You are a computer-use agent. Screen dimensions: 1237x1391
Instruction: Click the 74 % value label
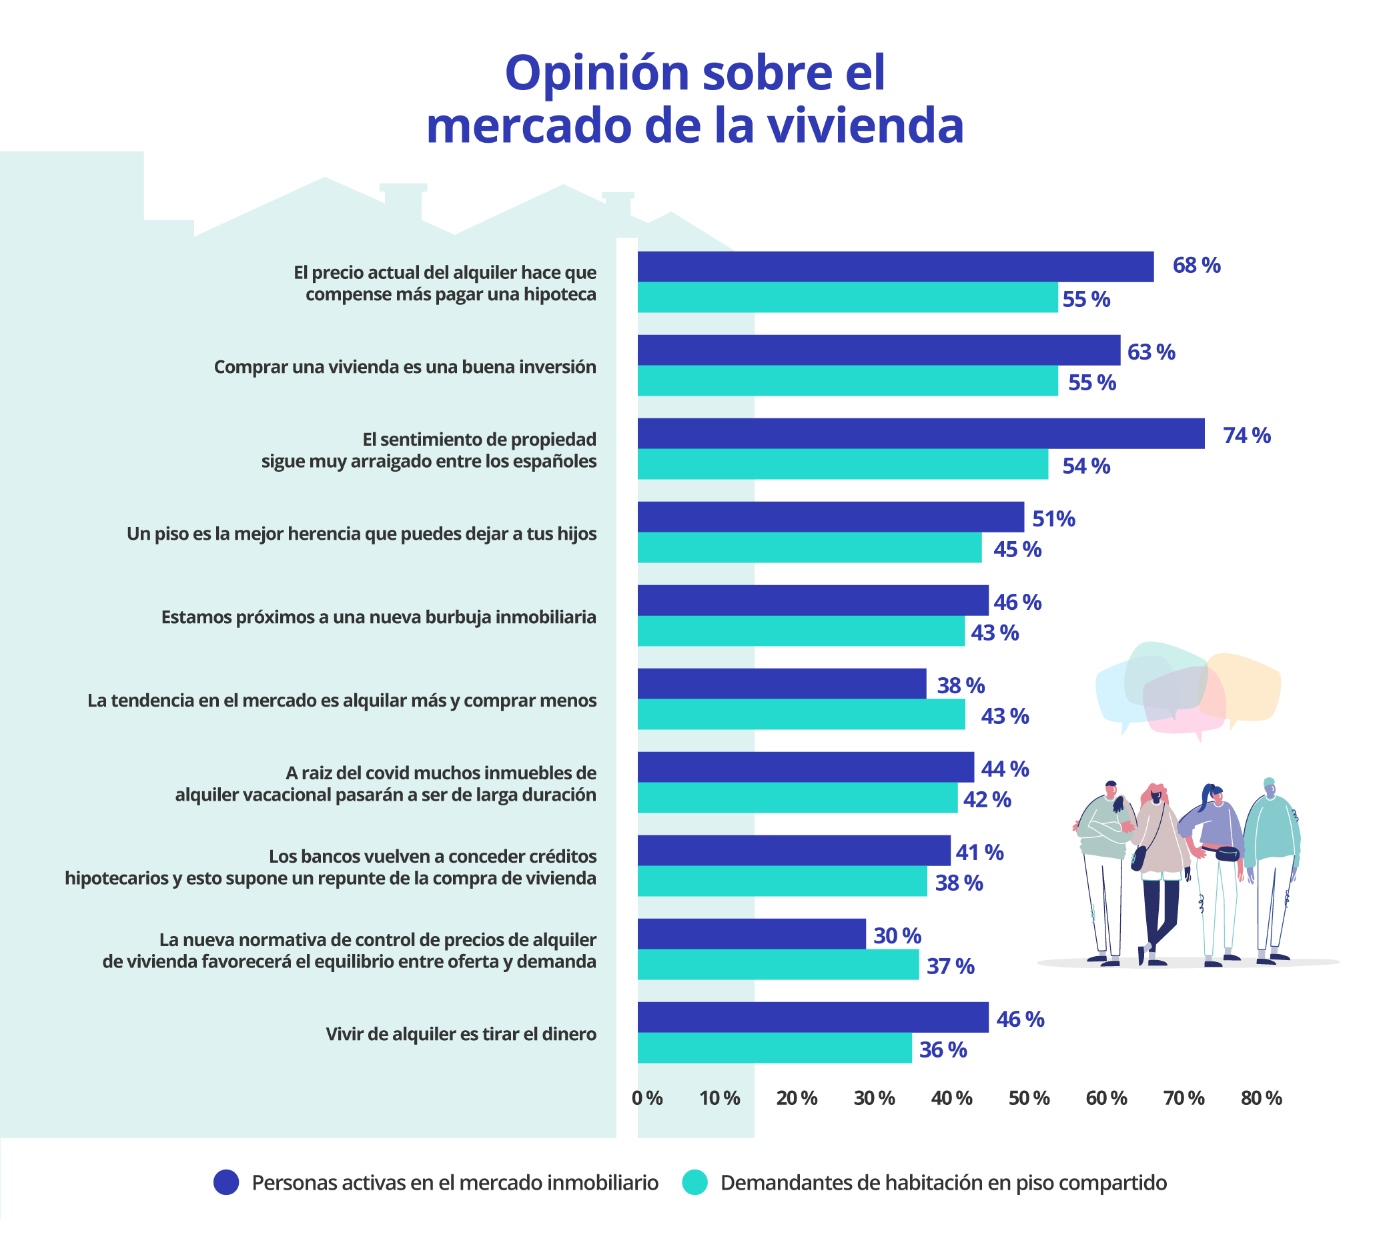point(1246,436)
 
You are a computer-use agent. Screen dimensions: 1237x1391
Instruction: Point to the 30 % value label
point(897,935)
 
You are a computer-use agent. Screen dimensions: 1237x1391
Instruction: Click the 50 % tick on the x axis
point(1029,1098)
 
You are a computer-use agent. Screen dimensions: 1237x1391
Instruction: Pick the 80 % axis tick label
point(1261,1098)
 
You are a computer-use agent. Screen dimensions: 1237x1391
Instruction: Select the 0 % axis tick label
point(646,1098)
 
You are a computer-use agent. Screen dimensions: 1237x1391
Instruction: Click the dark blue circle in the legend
point(226,1182)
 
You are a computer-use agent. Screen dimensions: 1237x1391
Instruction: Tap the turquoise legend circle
point(694,1182)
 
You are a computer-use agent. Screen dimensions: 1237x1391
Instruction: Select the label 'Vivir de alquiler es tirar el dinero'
point(461,1034)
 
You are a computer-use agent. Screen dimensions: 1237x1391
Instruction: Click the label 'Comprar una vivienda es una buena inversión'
point(405,367)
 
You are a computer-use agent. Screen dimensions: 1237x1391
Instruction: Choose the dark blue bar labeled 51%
point(830,517)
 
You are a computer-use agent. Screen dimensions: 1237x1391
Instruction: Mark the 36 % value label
point(943,1050)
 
